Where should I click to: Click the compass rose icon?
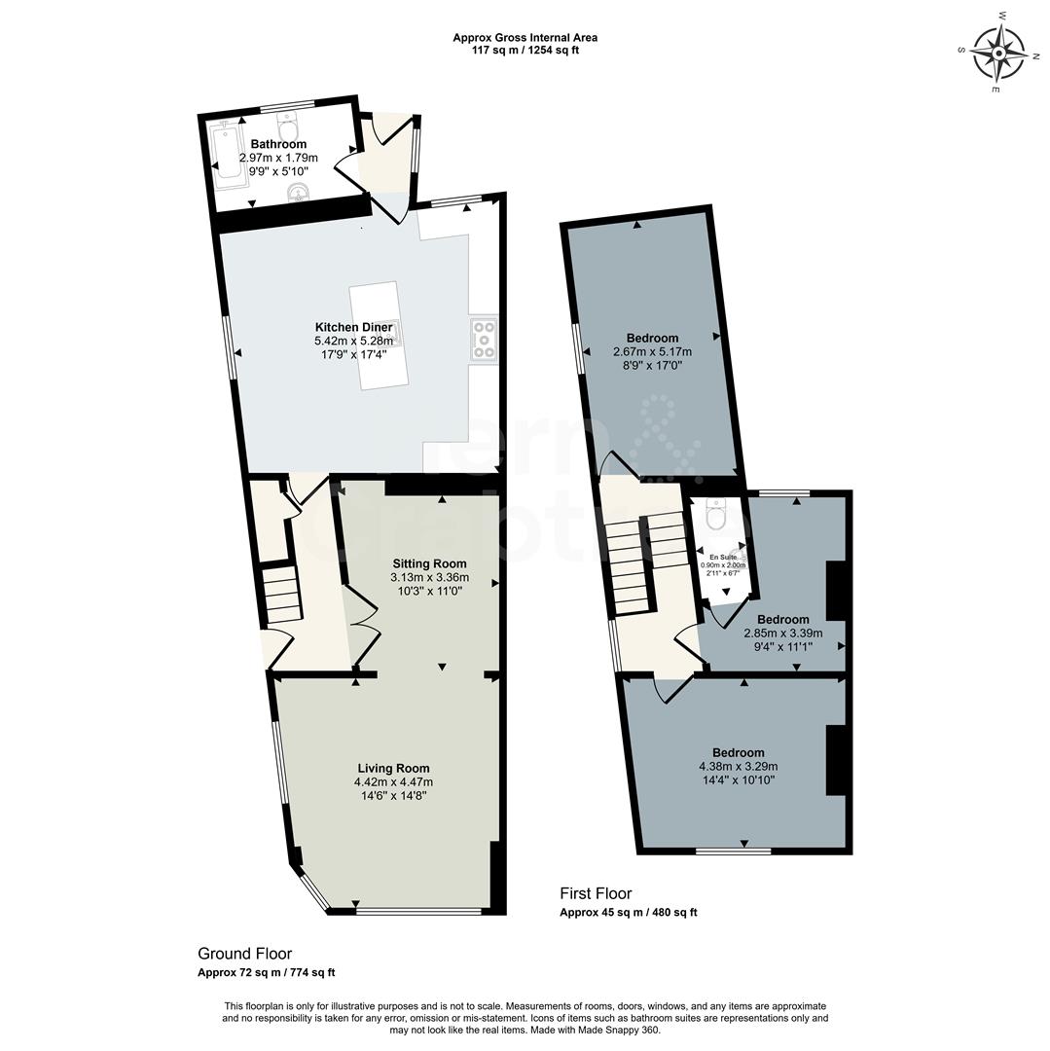click(x=999, y=51)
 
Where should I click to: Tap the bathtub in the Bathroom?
click(x=229, y=152)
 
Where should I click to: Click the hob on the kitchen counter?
click(x=483, y=340)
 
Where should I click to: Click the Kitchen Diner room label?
click(x=353, y=327)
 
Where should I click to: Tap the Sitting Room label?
click(x=429, y=563)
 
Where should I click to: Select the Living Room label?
click(x=393, y=768)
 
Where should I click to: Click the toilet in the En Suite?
click(x=717, y=515)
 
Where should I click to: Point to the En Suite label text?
click(x=722, y=557)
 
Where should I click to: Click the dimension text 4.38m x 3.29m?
click(x=738, y=766)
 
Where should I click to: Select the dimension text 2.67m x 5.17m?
click(x=652, y=352)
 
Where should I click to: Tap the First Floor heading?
click(x=596, y=893)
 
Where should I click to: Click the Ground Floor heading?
click(x=244, y=954)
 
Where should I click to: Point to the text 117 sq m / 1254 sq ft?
click(x=525, y=51)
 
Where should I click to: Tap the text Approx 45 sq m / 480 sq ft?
click(x=628, y=913)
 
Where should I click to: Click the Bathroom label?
click(x=278, y=144)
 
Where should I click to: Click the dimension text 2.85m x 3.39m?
click(x=771, y=633)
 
